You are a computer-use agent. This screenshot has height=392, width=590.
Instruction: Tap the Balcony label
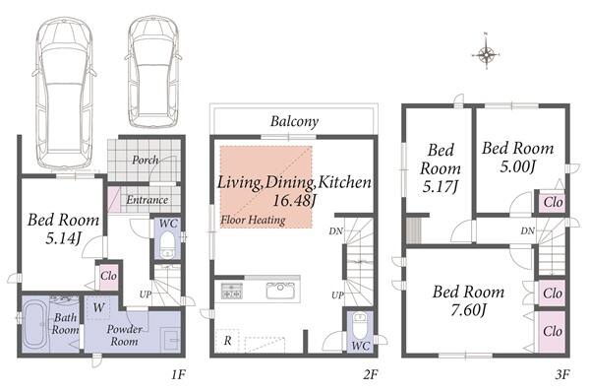[294, 121]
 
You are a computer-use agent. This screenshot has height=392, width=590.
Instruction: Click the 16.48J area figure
[294, 200]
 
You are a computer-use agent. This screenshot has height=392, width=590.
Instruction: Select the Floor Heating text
[253, 220]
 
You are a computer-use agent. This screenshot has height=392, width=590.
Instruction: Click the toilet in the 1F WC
[167, 244]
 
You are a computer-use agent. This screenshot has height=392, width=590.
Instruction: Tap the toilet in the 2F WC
[360, 325]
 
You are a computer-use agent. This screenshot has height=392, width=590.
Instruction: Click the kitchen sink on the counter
[280, 291]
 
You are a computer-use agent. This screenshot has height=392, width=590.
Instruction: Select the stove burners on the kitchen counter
[232, 291]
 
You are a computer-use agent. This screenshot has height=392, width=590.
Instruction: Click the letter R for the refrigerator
[228, 341]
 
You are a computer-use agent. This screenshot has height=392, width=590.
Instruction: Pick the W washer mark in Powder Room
[98, 307]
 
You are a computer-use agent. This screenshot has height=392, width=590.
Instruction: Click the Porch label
[146, 160]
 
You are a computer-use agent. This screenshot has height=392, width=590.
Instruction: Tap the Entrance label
[147, 200]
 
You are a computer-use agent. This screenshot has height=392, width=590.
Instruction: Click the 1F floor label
[178, 374]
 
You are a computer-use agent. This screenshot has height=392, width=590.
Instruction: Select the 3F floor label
[562, 374]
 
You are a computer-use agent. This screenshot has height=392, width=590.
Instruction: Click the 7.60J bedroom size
[468, 310]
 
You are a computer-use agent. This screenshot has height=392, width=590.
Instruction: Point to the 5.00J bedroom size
[517, 166]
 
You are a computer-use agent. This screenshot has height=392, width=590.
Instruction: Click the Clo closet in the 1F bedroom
[108, 276]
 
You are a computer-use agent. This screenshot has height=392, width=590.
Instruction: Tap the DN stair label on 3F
[527, 230]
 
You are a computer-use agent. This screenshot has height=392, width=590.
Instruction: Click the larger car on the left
[64, 93]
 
